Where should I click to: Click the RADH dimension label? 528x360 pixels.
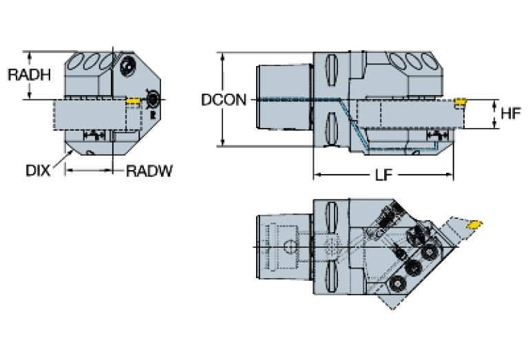tap(29, 74)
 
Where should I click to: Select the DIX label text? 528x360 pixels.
tap(38, 170)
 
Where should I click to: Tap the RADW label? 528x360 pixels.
tap(149, 170)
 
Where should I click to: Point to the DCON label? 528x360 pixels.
tap(223, 100)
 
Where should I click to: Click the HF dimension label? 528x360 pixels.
tap(510, 114)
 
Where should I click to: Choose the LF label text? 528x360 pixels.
tap(383, 176)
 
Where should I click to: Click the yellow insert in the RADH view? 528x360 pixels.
tap(134, 100)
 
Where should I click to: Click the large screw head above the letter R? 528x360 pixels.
tap(128, 67)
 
